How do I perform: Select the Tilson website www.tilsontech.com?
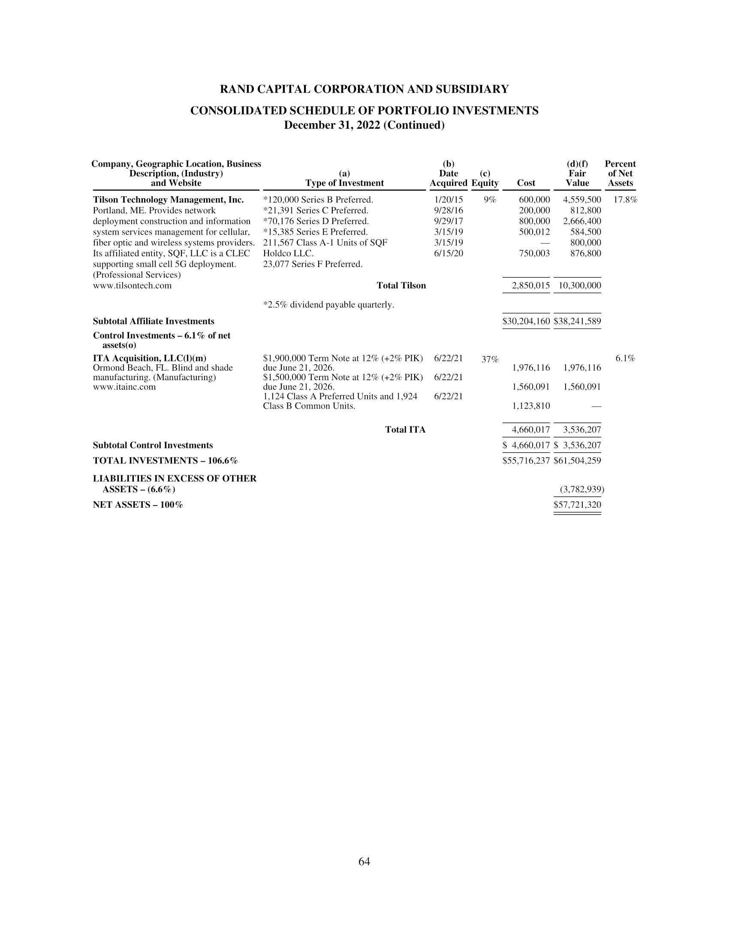tap(132, 286)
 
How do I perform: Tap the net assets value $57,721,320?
tap(578, 505)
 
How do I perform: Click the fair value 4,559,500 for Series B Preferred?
tap(582, 200)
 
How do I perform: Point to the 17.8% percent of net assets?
tap(625, 200)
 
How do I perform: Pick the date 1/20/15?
tap(448, 200)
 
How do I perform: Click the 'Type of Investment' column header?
tap(344, 183)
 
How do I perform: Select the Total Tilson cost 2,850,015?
tap(531, 286)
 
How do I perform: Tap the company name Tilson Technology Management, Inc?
tap(169, 200)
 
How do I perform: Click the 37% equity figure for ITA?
tap(490, 359)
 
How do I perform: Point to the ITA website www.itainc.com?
tap(124, 387)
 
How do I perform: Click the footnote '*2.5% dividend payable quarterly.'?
tap(328, 305)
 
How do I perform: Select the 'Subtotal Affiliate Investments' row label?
tap(154, 321)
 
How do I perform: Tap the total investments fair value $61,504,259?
tap(578, 461)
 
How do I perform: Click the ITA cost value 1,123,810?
tap(531, 406)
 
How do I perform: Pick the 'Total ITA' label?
tap(405, 430)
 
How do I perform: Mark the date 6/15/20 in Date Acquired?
tap(448, 253)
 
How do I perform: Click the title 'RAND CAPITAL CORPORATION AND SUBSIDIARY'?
tap(364, 90)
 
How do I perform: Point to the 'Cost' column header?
tap(526, 183)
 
